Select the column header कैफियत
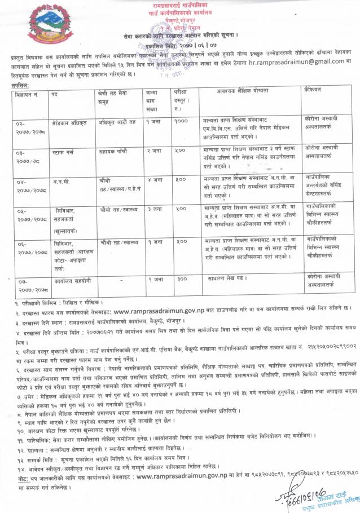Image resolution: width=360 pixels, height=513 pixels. click(x=313, y=90)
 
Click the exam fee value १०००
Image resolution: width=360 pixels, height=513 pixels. click(x=181, y=120)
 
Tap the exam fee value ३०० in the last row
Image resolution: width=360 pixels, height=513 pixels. click(x=181, y=279)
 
